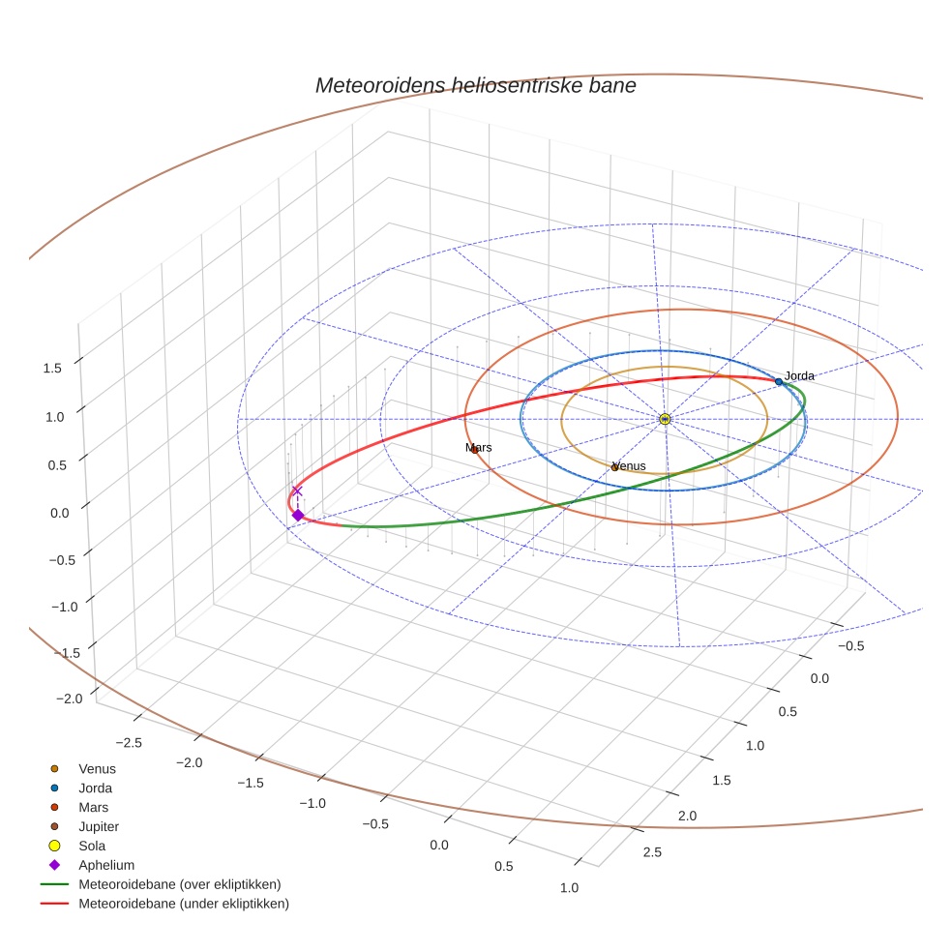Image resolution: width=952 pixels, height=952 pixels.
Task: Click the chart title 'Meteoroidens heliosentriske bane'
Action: pyautogui.click(x=475, y=85)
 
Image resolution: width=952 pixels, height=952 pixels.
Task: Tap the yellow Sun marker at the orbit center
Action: pyautogui.click(x=665, y=419)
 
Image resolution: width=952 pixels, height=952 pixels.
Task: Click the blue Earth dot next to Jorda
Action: pyautogui.click(x=778, y=382)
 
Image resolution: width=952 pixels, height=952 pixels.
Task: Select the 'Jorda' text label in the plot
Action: pyautogui.click(x=799, y=375)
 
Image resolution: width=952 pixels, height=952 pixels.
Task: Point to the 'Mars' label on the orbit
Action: pyautogui.click(x=478, y=448)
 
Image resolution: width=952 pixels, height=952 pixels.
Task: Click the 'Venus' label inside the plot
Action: pyautogui.click(x=629, y=466)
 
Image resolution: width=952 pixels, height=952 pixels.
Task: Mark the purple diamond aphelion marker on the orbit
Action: pyautogui.click(x=298, y=515)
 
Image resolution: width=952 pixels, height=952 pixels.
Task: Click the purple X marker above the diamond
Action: pyautogui.click(x=297, y=491)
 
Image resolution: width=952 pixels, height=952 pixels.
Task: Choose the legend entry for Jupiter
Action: pyautogui.click(x=98, y=826)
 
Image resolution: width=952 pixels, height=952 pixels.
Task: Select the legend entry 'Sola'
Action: pyautogui.click(x=92, y=846)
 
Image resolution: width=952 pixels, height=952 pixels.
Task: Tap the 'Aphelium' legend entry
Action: pyautogui.click(x=105, y=865)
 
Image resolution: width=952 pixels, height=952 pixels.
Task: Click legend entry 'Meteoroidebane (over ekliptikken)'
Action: pyautogui.click(x=179, y=884)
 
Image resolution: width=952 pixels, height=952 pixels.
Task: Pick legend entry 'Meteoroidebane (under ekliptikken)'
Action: pyautogui.click(x=183, y=904)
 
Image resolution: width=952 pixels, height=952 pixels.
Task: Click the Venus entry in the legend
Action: pyautogui.click(x=97, y=768)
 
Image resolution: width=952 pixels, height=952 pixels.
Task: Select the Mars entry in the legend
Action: pyautogui.click(x=93, y=807)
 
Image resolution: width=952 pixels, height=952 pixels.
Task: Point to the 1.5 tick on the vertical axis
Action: pyautogui.click(x=52, y=368)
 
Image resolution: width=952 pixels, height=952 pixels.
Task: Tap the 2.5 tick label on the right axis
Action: pyautogui.click(x=653, y=851)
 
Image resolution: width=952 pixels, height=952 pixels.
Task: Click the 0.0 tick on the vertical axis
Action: pyautogui.click(x=60, y=513)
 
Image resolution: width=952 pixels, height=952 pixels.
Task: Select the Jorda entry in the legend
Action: pyautogui.click(x=95, y=788)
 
